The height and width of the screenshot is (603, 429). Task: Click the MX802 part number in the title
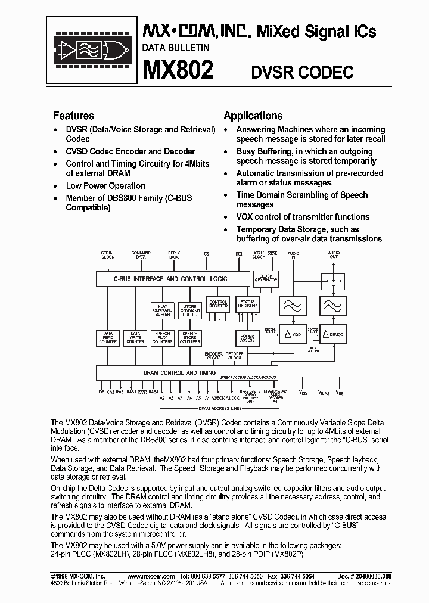coord(178,70)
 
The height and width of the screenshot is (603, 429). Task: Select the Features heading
coord(74,116)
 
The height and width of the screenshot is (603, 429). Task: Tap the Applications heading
coord(253,116)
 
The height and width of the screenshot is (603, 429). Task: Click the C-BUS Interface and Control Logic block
coord(170,278)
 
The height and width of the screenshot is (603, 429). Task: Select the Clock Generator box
coord(266,278)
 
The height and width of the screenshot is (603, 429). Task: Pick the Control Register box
coord(218,304)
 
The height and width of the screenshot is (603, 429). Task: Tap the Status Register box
coord(247,304)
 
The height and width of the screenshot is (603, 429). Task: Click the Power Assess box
coord(247,338)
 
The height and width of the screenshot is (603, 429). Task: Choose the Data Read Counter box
coord(108,338)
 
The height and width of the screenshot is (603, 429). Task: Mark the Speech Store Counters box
coord(189,338)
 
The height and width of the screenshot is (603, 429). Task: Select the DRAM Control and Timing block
coord(171,372)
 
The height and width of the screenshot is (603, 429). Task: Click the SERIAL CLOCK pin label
coord(108,254)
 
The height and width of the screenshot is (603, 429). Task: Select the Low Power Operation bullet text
coord(105,185)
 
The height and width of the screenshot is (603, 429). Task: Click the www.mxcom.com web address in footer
coord(151,576)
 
